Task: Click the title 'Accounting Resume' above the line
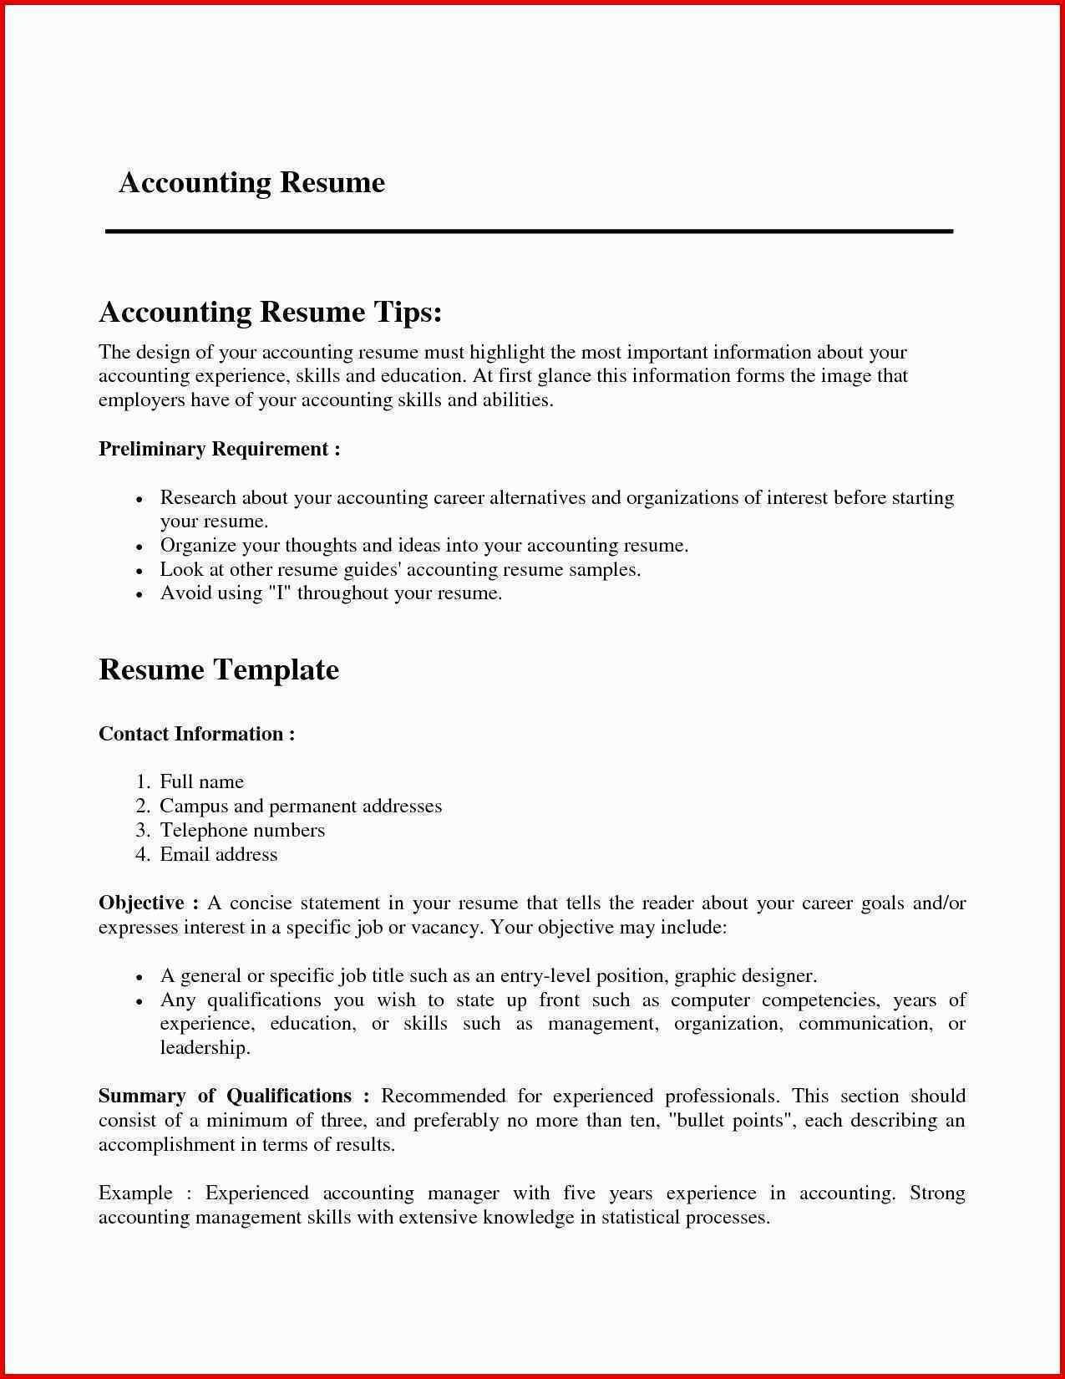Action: click(251, 182)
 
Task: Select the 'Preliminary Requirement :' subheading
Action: click(219, 449)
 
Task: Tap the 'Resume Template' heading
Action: click(218, 669)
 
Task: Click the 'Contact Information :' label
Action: click(196, 734)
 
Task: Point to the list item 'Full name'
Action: click(201, 781)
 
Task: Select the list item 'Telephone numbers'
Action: click(242, 830)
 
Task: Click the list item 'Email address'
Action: click(218, 854)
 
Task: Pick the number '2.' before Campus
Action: click(142, 806)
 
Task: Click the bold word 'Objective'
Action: click(141, 903)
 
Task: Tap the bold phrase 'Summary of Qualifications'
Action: click(225, 1096)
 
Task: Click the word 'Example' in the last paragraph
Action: click(135, 1193)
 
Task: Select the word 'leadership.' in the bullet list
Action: click(205, 1048)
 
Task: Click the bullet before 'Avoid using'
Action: click(140, 594)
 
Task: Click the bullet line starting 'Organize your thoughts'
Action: click(423, 546)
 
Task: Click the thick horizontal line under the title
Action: click(529, 231)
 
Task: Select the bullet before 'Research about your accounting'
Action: click(140, 499)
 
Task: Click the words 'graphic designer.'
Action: click(745, 975)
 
